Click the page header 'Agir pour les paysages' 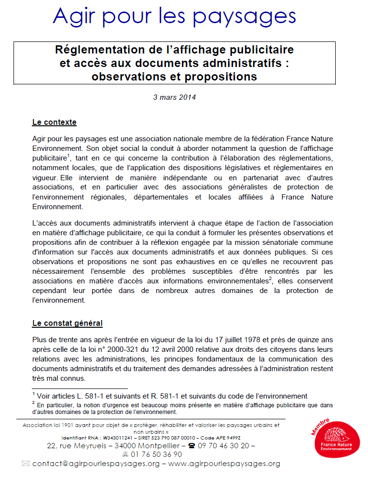coord(174,17)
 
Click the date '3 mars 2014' coord(174,97)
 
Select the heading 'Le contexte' coord(54,122)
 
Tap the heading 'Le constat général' coord(67,323)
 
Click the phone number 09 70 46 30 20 coord(224,446)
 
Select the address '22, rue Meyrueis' coord(79,446)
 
